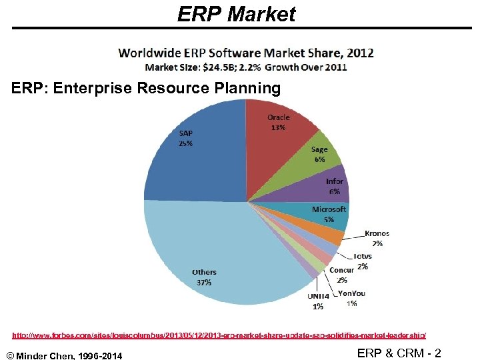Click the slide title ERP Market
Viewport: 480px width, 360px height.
point(236,14)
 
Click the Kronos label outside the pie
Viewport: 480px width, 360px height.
point(377,234)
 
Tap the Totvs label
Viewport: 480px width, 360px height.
point(363,256)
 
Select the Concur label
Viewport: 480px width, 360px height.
point(342,270)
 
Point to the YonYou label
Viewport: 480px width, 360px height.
point(351,293)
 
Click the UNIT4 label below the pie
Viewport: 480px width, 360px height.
point(318,296)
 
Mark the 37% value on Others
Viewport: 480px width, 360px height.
point(204,282)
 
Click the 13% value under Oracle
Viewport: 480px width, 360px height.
point(278,127)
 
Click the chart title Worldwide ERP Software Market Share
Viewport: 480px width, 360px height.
point(246,53)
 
